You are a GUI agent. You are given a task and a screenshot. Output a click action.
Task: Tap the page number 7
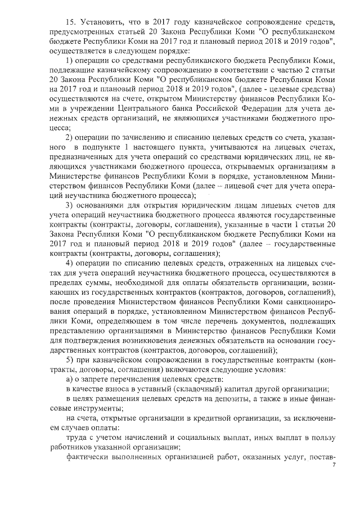coord(334,466)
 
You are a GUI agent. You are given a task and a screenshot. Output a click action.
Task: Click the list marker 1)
coord(70,60)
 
